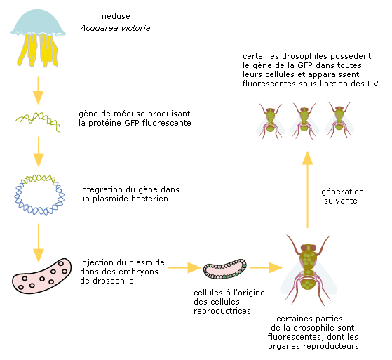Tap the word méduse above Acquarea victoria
[114, 16]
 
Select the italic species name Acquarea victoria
[115, 28]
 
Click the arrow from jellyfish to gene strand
[39, 91]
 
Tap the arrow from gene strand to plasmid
[39, 152]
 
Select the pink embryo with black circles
[42, 276]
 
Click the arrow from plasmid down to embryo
[39, 243]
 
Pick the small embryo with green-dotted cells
[224, 269]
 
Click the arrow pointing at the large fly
[266, 267]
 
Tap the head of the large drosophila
[309, 248]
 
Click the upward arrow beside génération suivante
[308, 189]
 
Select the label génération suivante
[342, 196]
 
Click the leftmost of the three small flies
[271, 121]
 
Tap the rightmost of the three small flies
[339, 120]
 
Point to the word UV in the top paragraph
[373, 84]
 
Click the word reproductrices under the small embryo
[222, 311]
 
